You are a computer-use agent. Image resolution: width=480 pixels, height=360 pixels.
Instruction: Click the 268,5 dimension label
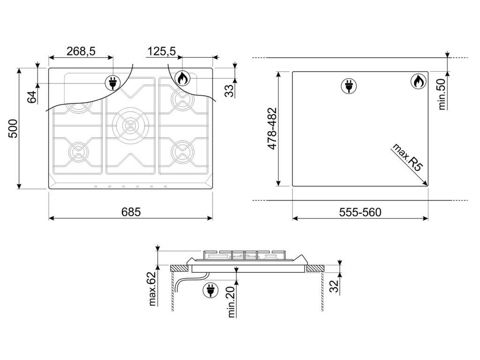pos(81,51)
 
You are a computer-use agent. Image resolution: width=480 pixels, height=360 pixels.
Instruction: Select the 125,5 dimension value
pos(162,51)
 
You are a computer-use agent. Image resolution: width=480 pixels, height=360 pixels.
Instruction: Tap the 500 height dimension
pos(13,129)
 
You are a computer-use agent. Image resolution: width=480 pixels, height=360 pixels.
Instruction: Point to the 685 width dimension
pos(131,212)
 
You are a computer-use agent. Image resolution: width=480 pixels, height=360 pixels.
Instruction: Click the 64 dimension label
pos(32,97)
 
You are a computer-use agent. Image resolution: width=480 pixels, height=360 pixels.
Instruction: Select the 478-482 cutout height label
pos(272,128)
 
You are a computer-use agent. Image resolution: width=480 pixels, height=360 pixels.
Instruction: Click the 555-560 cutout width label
pos(360,212)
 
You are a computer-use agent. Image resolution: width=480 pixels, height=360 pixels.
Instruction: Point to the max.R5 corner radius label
pos(407,157)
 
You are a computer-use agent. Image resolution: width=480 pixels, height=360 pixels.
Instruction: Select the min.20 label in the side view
pos(232,302)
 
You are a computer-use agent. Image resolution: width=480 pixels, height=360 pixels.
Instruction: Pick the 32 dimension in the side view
pos(334,286)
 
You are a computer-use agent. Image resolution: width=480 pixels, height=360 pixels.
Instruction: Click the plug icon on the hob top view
pos(113,82)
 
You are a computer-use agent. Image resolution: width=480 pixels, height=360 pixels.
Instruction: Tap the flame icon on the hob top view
pos(182,78)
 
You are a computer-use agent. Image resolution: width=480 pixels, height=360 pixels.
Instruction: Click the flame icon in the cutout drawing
pos(419,82)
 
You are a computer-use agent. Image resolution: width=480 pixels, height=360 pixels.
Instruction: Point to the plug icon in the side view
pos(210,290)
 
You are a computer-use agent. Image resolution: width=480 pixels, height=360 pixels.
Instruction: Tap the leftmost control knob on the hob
pos(96,187)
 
